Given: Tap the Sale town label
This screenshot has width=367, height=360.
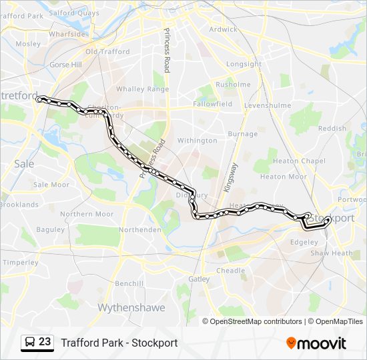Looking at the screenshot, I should [x=24, y=163].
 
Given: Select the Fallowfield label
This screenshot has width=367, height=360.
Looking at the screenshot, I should [x=212, y=104].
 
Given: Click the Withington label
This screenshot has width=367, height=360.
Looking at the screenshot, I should [x=197, y=141].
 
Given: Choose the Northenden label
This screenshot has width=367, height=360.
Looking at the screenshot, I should [x=139, y=229].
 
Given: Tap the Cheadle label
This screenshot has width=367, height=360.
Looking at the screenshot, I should [x=230, y=271].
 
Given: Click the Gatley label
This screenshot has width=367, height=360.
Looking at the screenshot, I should [x=199, y=279].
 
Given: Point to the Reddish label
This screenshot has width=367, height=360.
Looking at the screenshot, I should [x=332, y=128].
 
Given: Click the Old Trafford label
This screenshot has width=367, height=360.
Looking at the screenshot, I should [x=107, y=52].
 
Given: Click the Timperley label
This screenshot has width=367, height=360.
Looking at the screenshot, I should [x=20, y=263].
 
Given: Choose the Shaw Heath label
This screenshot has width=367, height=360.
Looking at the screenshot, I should [x=331, y=253].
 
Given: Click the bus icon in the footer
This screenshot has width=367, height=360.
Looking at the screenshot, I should [x=30, y=343].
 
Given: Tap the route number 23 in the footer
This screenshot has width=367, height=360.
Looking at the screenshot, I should [x=45, y=342].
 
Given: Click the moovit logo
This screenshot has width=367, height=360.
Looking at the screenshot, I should [x=316, y=343].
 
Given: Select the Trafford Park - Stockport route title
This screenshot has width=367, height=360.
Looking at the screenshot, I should [x=119, y=343].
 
